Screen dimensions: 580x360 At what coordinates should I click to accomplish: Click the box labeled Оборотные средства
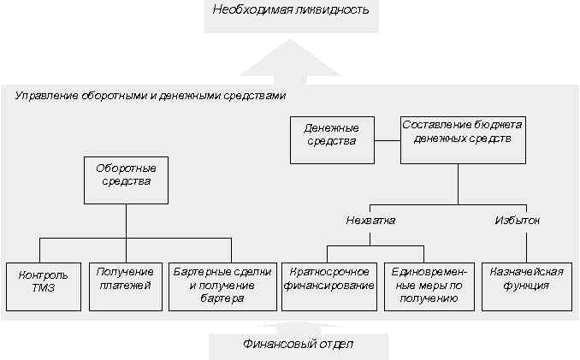(126, 180)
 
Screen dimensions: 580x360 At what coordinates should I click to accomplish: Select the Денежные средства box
(332, 140)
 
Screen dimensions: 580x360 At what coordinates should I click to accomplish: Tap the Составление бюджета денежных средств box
(463, 140)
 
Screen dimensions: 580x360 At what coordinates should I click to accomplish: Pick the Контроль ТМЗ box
(44, 286)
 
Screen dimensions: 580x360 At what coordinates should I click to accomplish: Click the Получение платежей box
(126, 286)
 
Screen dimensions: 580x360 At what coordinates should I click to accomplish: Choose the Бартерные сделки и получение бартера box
(222, 286)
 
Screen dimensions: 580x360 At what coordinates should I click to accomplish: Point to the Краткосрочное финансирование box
(329, 286)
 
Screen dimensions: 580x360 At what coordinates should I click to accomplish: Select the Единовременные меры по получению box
(429, 286)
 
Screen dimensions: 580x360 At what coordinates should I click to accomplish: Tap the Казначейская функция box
(527, 286)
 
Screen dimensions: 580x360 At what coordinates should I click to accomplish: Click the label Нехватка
(370, 221)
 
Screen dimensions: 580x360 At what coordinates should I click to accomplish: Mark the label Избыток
(517, 221)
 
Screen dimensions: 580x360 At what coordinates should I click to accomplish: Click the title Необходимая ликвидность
(291, 9)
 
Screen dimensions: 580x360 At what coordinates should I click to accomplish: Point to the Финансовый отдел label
(299, 344)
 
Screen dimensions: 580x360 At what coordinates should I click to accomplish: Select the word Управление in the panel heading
(46, 96)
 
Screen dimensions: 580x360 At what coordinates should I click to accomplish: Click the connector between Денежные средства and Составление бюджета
(388, 140)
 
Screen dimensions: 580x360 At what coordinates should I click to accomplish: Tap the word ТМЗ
(44, 288)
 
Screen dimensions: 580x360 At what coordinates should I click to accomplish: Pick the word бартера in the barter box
(222, 298)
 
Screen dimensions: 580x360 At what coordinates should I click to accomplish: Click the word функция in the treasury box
(526, 286)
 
